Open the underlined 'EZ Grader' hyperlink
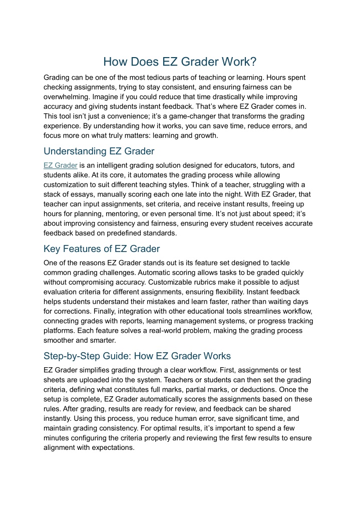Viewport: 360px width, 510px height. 60,165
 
